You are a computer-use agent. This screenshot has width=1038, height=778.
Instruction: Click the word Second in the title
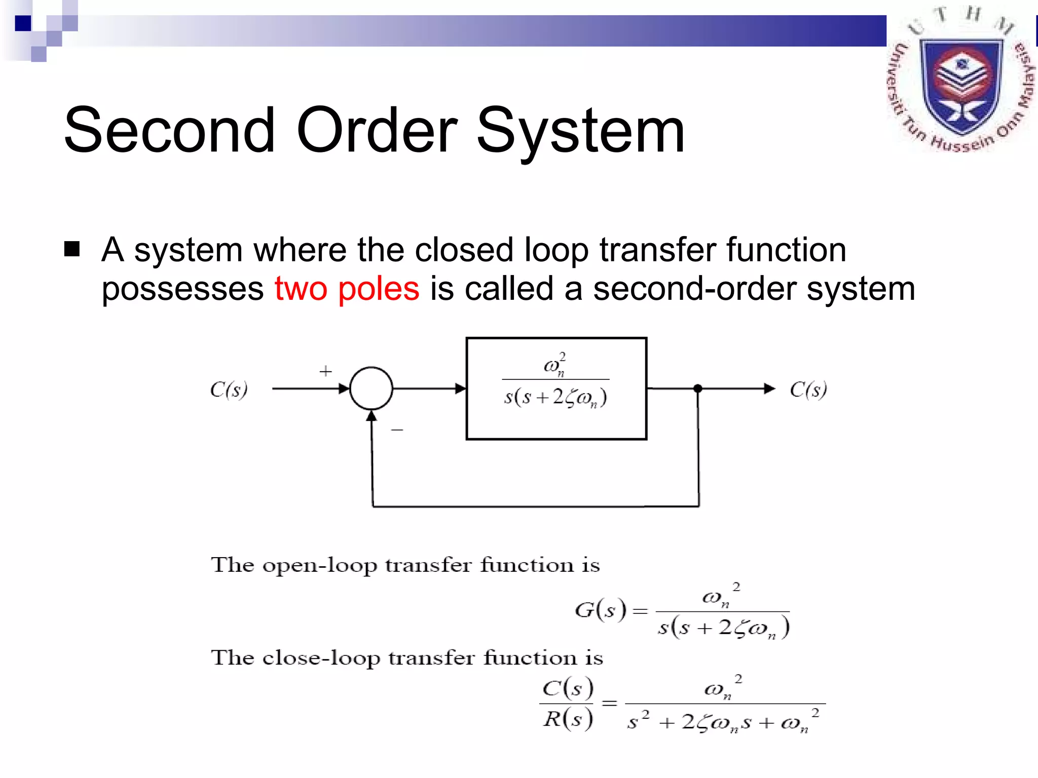pos(169,130)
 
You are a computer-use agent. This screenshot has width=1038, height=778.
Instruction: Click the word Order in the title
pos(377,130)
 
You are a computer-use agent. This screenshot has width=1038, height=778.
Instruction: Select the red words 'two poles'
pos(347,289)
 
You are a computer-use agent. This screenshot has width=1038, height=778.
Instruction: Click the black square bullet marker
pos(72,249)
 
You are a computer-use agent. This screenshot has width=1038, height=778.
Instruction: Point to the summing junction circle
pos(371,388)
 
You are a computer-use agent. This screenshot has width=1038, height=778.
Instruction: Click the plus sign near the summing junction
pos(325,371)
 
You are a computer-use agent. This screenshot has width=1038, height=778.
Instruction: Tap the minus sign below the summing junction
pos(397,430)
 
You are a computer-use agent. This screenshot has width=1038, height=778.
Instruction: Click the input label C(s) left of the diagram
pos(229,390)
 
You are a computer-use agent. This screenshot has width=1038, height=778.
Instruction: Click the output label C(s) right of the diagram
pos(808,390)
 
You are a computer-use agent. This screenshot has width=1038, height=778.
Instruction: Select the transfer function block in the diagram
pos(556,388)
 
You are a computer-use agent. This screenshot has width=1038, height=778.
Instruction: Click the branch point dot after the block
pos(698,388)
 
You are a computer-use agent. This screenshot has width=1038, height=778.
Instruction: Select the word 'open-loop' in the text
pos(319,565)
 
